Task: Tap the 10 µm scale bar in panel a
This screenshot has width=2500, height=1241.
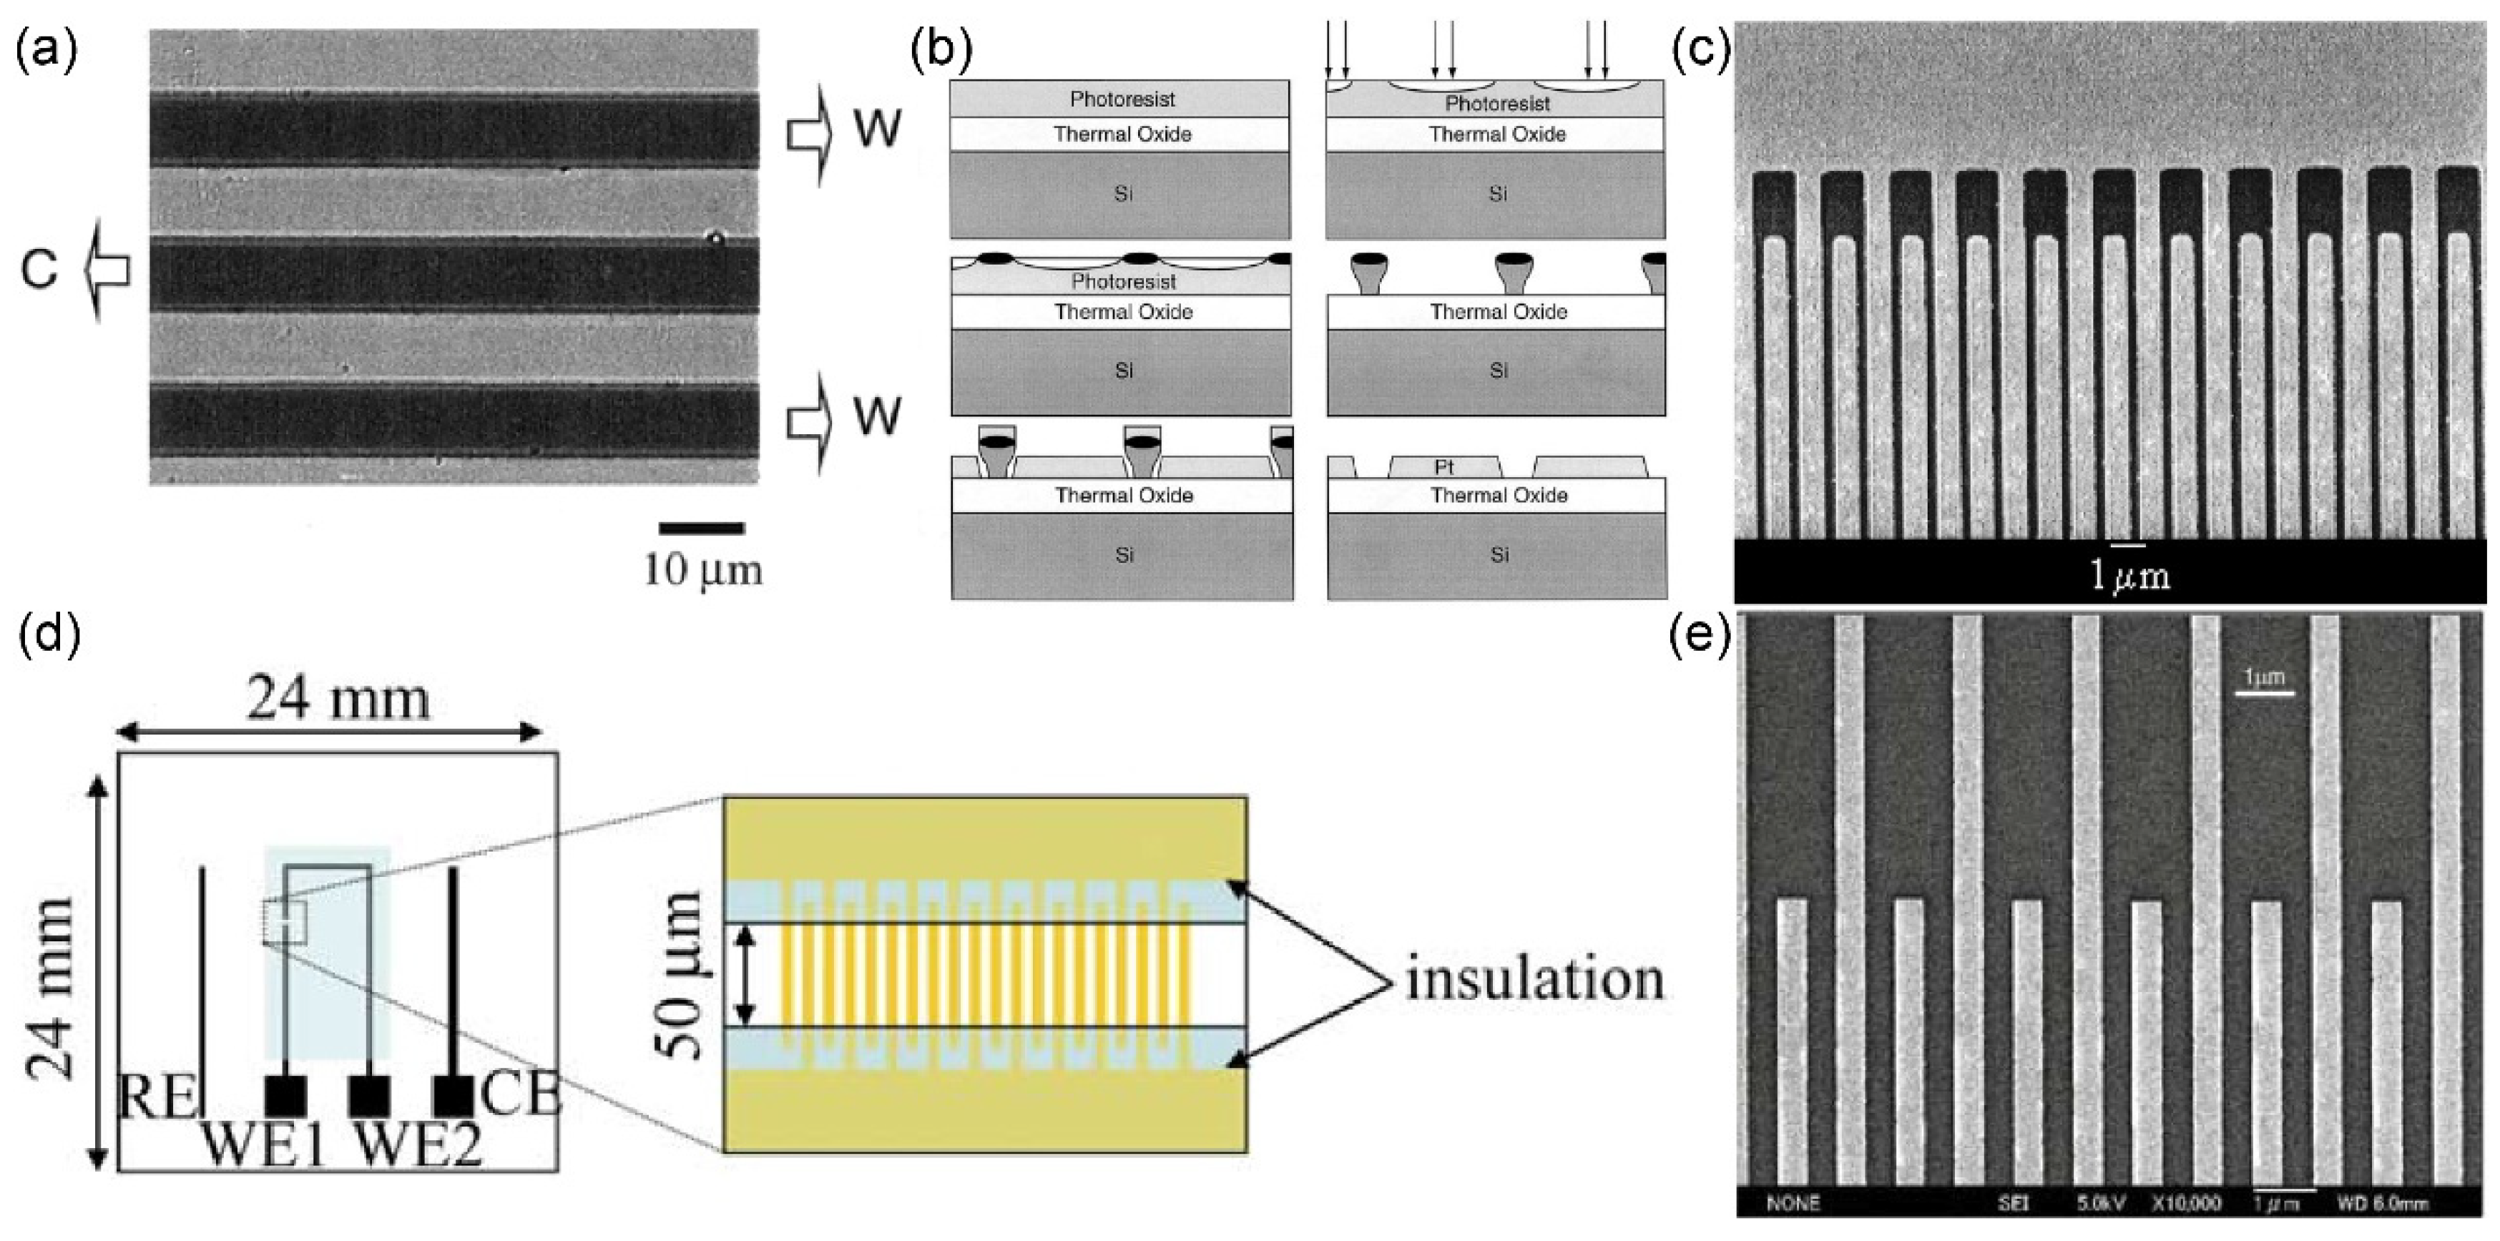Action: coord(702,529)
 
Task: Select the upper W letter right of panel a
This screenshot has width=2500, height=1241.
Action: coord(876,128)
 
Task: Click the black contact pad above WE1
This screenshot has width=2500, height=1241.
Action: coord(285,1097)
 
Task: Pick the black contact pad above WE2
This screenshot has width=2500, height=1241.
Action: coord(370,1097)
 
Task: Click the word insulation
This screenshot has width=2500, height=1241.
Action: coord(1534,979)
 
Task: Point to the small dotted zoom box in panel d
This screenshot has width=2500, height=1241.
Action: coord(285,922)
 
